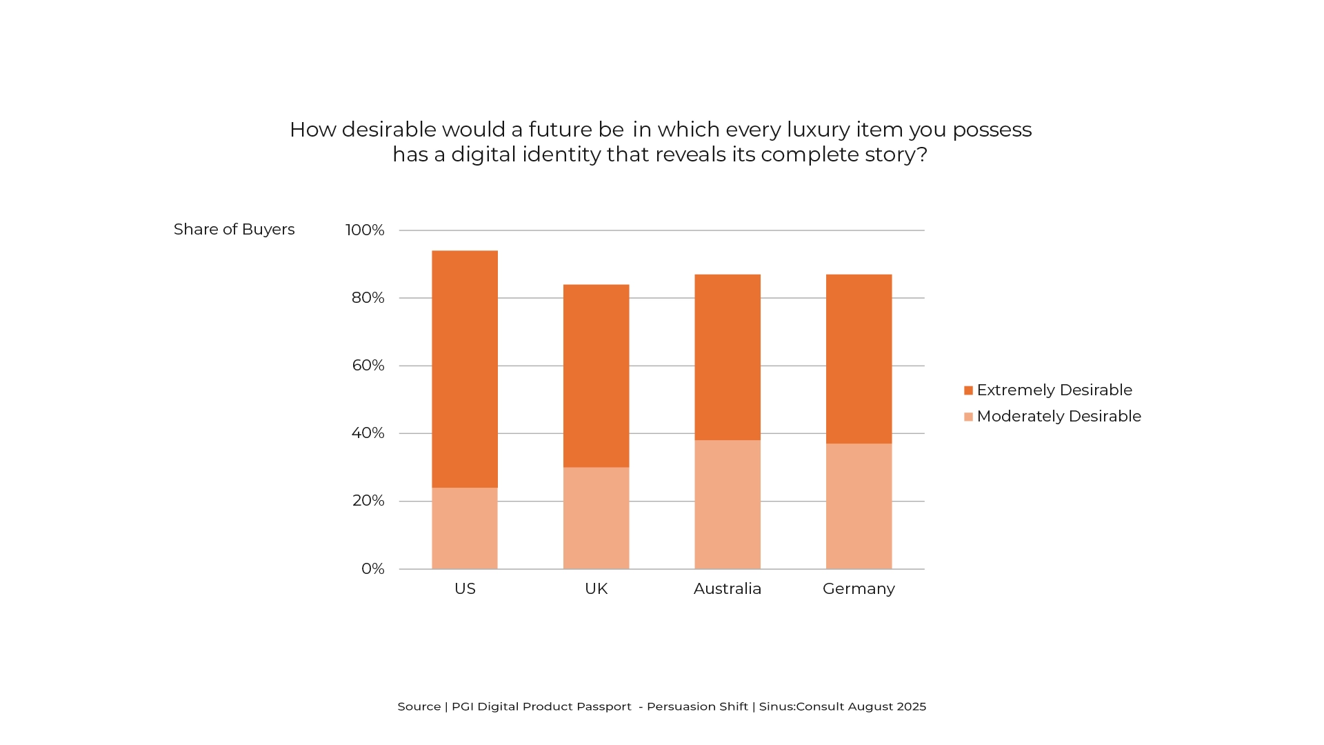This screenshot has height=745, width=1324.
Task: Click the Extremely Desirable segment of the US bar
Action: click(465, 369)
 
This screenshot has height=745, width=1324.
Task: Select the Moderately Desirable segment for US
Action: click(465, 528)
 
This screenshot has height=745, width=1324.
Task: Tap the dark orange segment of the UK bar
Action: click(596, 376)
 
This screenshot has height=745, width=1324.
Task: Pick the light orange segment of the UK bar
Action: click(596, 518)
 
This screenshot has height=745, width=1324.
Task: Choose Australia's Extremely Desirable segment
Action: click(728, 357)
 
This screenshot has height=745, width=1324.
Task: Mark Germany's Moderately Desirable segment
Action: click(859, 506)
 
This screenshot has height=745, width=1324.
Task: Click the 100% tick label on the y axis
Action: click(365, 230)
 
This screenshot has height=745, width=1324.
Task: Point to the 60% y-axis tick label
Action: click(368, 366)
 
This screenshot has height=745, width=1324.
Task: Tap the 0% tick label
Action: click(373, 569)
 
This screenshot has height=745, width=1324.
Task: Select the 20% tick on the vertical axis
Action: click(368, 501)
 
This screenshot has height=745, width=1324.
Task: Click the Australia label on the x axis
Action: click(728, 589)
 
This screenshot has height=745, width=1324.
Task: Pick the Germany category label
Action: click(859, 589)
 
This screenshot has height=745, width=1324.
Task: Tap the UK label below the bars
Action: click(596, 589)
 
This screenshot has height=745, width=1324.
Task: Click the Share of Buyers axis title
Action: click(234, 230)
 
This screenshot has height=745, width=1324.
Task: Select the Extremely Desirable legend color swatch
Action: click(968, 390)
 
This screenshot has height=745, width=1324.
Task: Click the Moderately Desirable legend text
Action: click(1059, 417)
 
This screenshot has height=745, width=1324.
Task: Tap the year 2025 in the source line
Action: click(911, 706)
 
